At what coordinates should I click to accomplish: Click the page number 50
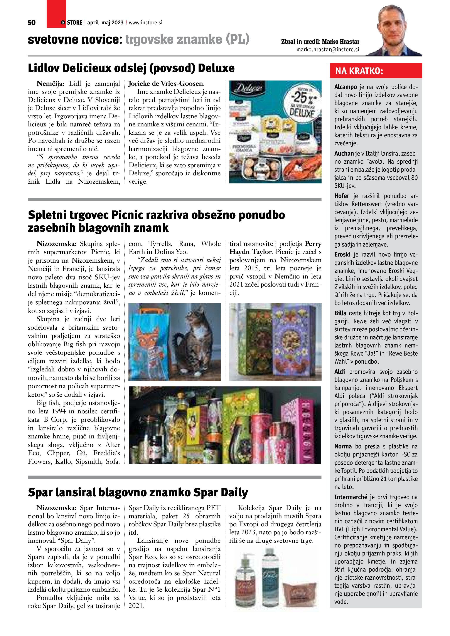32,23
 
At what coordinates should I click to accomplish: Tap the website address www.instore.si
145,23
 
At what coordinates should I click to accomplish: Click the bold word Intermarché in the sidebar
351,497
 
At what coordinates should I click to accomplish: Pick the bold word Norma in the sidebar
343,446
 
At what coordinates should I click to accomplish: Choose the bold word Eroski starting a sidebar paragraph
342,254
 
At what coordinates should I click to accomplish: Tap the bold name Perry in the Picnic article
313,244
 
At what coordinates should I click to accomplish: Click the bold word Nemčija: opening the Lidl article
50,84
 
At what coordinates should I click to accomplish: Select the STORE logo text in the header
74,23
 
